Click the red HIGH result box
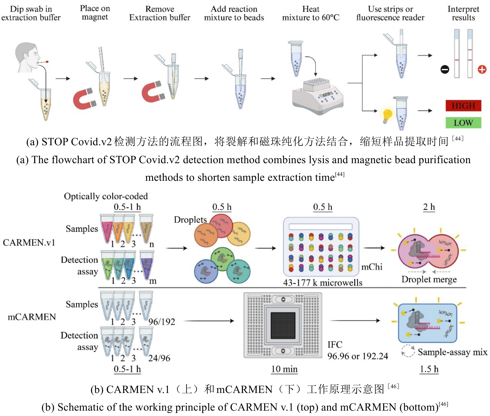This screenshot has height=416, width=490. pos(463,106)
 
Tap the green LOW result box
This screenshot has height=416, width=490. pos(463,123)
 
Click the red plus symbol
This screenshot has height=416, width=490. pos(482,70)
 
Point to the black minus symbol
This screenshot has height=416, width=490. pos(445,70)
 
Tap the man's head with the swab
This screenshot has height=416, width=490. pos(27,57)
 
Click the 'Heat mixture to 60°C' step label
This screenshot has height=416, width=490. pos(311,13)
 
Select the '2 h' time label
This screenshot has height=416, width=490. pos(429,207)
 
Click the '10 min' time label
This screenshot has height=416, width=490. pos(284,369)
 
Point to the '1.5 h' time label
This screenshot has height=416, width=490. pos(429,369)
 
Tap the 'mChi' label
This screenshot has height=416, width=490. pos(372,267)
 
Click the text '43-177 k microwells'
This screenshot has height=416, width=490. pos(323,283)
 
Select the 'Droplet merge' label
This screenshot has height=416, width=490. pos(429,279)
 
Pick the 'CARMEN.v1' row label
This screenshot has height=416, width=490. pos(29,242)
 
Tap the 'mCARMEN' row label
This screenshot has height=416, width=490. pos(32,317)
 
